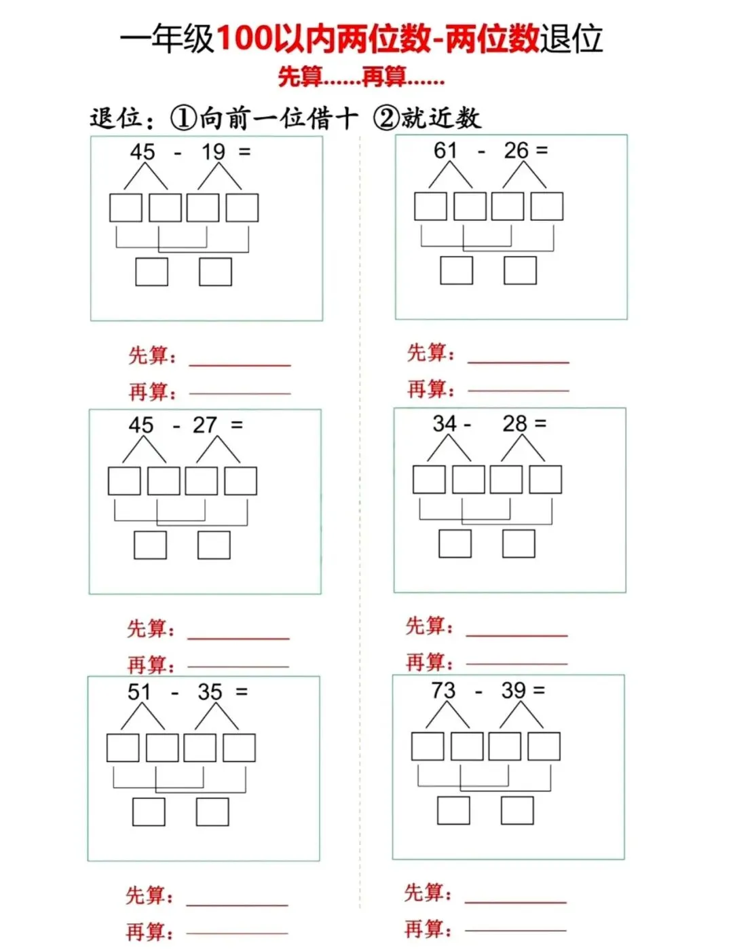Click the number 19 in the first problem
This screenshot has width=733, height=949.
(x=213, y=151)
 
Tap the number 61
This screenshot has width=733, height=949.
(x=446, y=150)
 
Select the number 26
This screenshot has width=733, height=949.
(x=516, y=150)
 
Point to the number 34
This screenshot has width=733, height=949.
(x=445, y=423)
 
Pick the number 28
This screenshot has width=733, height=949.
(x=514, y=423)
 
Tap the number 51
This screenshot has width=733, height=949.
(x=139, y=692)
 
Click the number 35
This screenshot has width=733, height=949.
(x=210, y=692)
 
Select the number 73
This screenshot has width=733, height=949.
(x=443, y=690)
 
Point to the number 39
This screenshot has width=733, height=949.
(x=514, y=690)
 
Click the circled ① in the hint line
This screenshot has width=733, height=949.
(x=183, y=118)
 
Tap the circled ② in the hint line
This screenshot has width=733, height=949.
(x=386, y=118)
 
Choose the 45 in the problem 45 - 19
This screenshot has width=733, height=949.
(x=143, y=151)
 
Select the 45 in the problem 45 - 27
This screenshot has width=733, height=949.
(x=141, y=425)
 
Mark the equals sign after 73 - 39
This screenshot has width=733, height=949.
(x=540, y=690)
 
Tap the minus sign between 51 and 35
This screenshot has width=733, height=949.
(x=175, y=693)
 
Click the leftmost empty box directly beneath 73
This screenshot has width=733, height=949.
(x=428, y=747)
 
